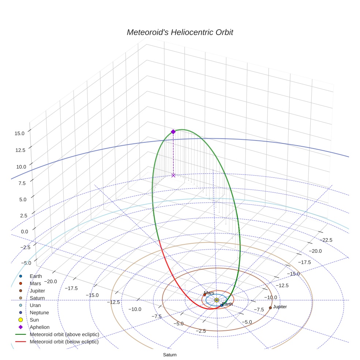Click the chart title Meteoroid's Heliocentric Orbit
(x=180, y=32)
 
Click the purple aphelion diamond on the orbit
(x=173, y=132)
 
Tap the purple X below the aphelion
(x=173, y=175)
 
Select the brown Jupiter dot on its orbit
(x=270, y=308)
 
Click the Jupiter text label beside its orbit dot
(x=280, y=307)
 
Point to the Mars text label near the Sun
(x=209, y=293)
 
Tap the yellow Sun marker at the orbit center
(x=217, y=300)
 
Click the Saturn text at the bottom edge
(x=170, y=355)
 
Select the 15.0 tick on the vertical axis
(x=19, y=134)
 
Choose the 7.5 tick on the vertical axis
(x=21, y=183)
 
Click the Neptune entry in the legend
(x=39, y=312)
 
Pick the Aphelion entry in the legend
(x=40, y=327)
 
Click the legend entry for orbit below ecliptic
(x=64, y=342)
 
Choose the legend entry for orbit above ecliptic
(x=64, y=334)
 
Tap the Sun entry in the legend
(x=34, y=320)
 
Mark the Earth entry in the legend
(x=36, y=276)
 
